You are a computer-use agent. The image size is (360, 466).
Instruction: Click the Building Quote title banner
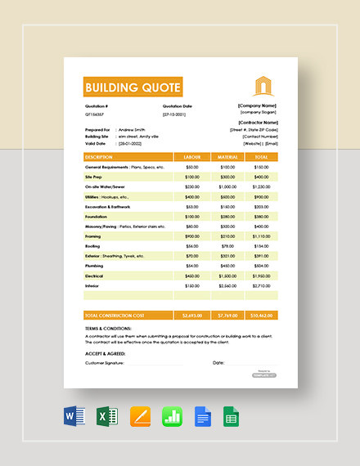pyautogui.click(x=133, y=87)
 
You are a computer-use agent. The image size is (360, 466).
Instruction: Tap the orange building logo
pyautogui.click(x=260, y=85)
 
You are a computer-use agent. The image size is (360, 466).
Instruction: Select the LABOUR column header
pyautogui.click(x=192, y=156)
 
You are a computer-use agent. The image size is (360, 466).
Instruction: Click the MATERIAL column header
pyautogui.click(x=227, y=156)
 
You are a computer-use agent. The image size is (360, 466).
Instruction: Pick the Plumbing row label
pyautogui.click(x=96, y=266)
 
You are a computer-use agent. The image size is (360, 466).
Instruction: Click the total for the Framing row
pyautogui.click(x=261, y=236)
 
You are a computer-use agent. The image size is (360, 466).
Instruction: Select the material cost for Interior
pyautogui.click(x=227, y=285)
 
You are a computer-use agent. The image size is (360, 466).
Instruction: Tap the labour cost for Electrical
pyautogui.click(x=192, y=276)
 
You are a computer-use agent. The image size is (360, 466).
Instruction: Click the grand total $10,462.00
pyautogui.click(x=261, y=315)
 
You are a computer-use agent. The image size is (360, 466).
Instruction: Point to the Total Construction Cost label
pyautogui.click(x=115, y=315)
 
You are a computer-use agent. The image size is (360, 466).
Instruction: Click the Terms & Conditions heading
pyautogui.click(x=106, y=329)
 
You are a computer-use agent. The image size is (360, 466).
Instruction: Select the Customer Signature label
pyautogui.click(x=104, y=362)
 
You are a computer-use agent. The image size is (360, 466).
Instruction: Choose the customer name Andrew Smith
pyautogui.click(x=133, y=128)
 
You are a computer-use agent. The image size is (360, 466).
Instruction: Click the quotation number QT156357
pyautogui.click(x=96, y=114)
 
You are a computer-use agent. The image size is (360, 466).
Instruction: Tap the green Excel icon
pyautogui.click(x=106, y=418)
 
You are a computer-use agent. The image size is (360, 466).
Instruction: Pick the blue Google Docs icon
pyautogui.click(x=203, y=418)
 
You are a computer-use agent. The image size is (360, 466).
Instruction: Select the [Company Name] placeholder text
pyautogui.click(x=257, y=105)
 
